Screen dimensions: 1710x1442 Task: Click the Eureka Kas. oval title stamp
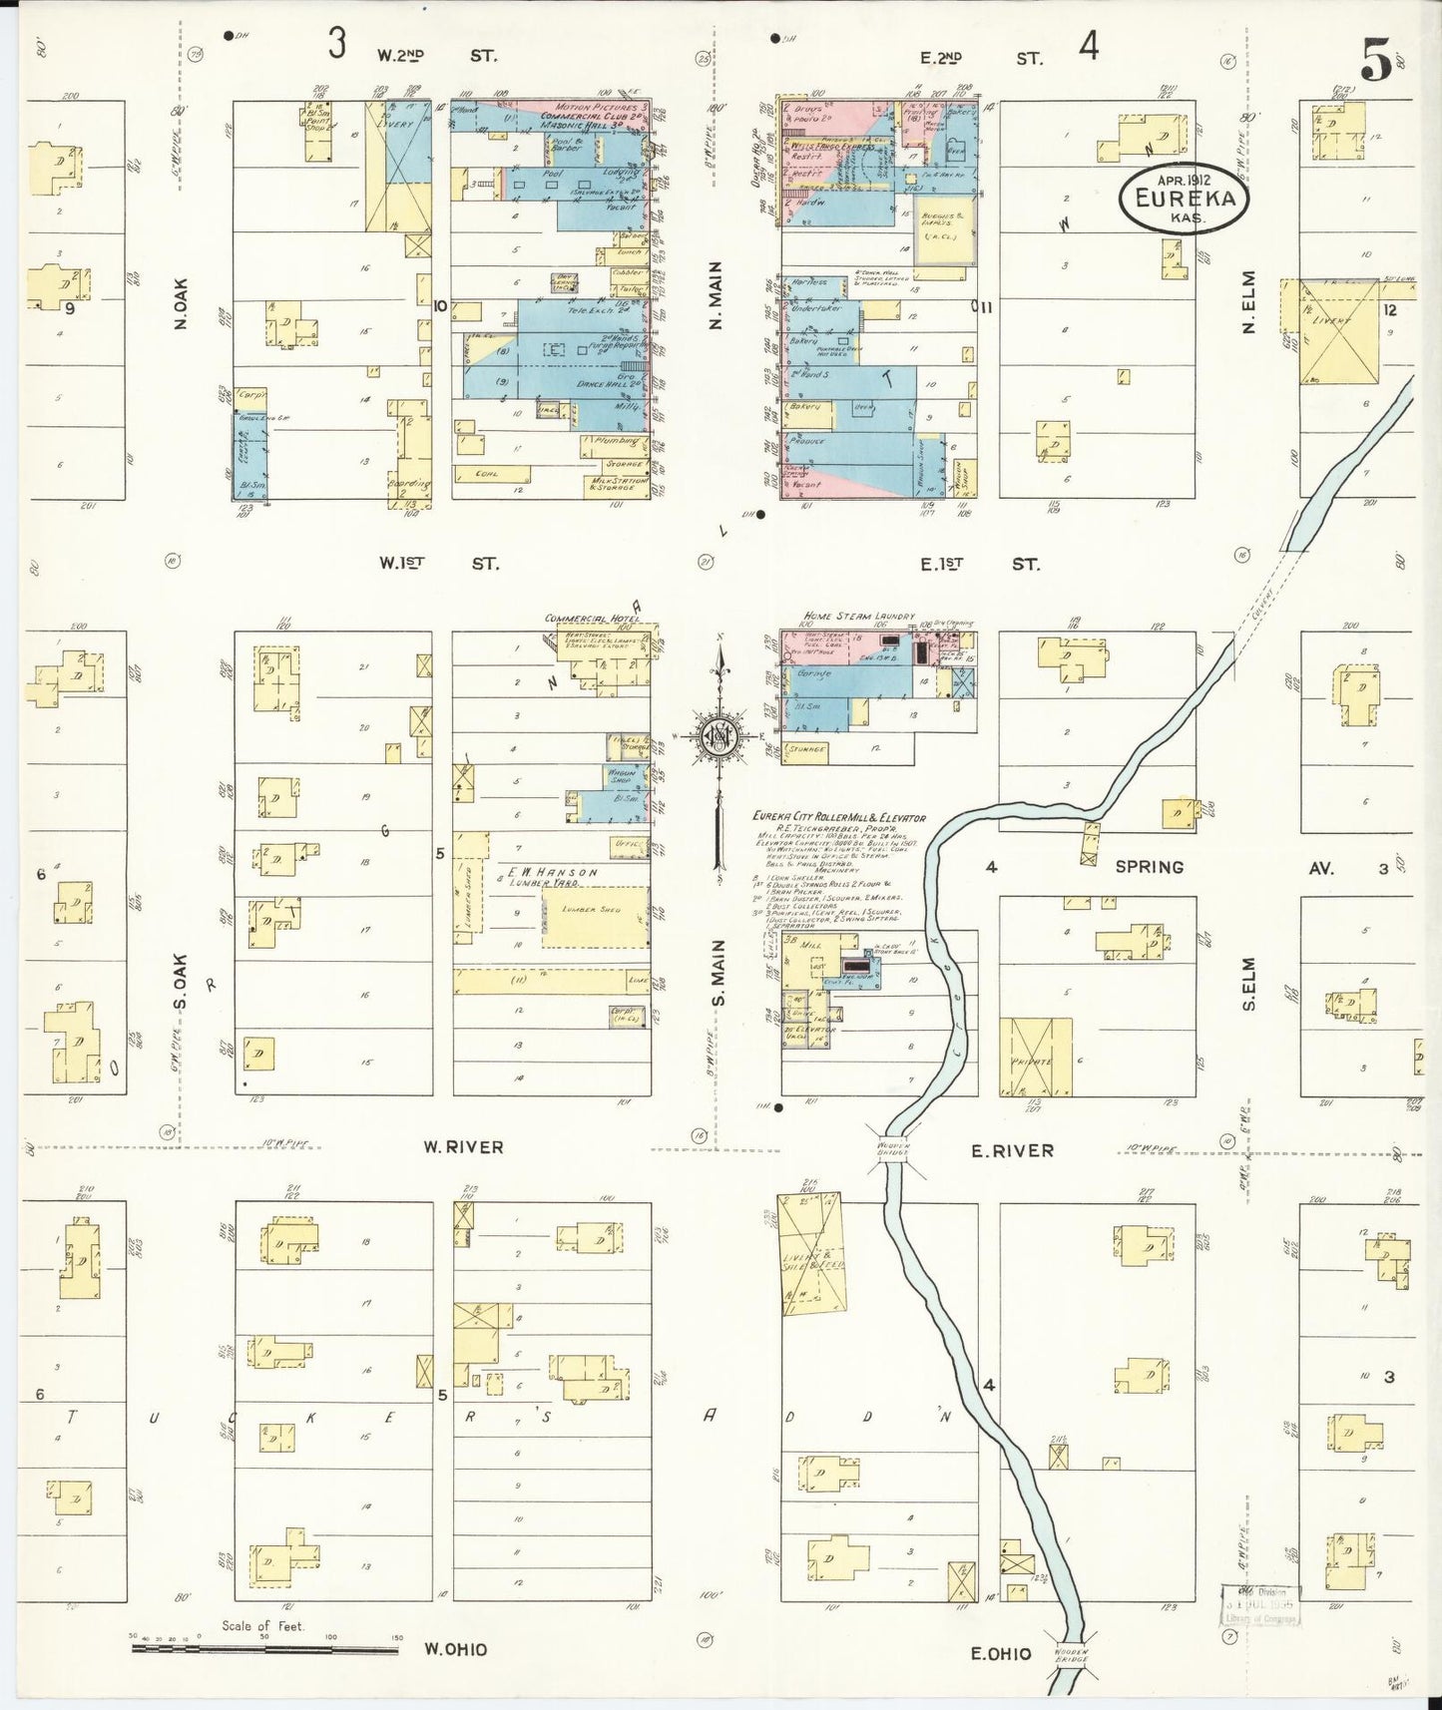click(x=1184, y=198)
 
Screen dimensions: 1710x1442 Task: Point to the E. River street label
click(x=1012, y=1150)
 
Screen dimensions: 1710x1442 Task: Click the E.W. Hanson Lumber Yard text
click(x=552, y=877)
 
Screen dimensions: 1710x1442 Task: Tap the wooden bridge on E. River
click(x=893, y=1148)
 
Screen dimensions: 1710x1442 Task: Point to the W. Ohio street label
click(x=456, y=1649)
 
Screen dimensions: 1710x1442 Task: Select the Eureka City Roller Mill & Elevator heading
click(x=838, y=818)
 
